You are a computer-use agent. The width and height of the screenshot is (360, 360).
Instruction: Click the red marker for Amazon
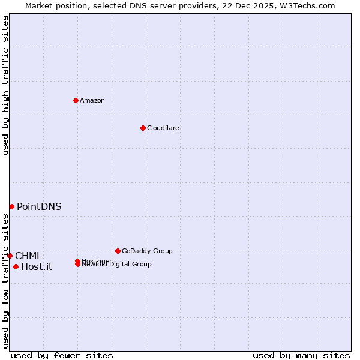(x=76, y=100)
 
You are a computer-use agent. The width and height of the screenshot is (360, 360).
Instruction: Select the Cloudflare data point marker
(x=143, y=128)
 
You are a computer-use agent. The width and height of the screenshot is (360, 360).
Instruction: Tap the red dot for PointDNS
(x=11, y=206)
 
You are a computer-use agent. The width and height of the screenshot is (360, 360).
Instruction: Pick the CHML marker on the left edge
(x=10, y=256)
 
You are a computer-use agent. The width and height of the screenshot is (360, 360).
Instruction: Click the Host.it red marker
(x=16, y=266)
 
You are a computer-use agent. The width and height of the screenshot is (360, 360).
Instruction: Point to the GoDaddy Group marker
(x=118, y=251)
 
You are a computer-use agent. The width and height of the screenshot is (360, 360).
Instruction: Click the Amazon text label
(x=92, y=100)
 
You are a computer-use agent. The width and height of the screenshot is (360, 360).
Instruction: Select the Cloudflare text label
(x=163, y=128)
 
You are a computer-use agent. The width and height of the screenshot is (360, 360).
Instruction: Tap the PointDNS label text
(x=39, y=206)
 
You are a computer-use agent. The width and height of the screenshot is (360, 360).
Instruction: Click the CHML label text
(x=28, y=256)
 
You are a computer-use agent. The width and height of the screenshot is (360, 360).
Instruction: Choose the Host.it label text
(x=37, y=267)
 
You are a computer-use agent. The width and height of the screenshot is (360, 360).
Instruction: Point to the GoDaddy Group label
(x=147, y=251)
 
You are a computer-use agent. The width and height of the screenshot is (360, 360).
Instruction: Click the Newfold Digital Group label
(x=120, y=265)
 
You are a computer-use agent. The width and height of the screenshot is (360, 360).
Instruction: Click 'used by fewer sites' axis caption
(x=62, y=355)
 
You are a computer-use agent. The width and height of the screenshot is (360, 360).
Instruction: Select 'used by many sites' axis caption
(x=301, y=355)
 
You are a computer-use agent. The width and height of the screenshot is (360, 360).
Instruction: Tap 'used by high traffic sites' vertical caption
(x=5, y=85)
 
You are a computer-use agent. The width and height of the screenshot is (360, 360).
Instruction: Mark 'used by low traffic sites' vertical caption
(x=5, y=281)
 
